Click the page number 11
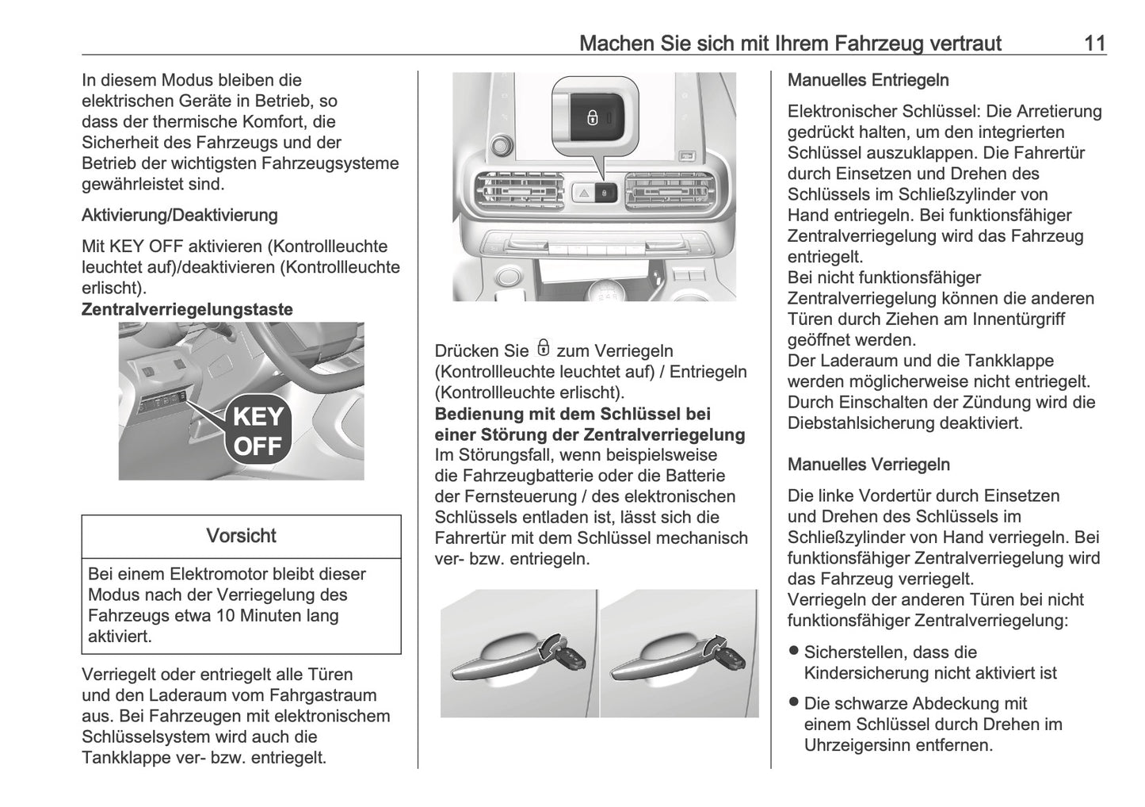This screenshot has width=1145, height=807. click(x=1094, y=43)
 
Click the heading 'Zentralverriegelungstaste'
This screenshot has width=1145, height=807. click(x=187, y=309)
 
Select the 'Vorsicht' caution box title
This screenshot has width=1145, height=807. click(x=241, y=536)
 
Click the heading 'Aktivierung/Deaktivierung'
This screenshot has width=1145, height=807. click(x=180, y=215)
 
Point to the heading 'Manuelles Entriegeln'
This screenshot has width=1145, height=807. click(x=868, y=80)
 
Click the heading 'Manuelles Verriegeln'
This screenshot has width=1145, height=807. click(x=868, y=465)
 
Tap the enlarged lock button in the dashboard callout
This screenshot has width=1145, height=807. click(x=593, y=118)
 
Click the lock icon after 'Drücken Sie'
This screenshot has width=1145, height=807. click(x=543, y=349)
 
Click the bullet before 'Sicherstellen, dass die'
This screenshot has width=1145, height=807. click(x=794, y=652)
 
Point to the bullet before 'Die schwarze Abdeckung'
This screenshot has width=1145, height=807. click(x=794, y=702)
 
